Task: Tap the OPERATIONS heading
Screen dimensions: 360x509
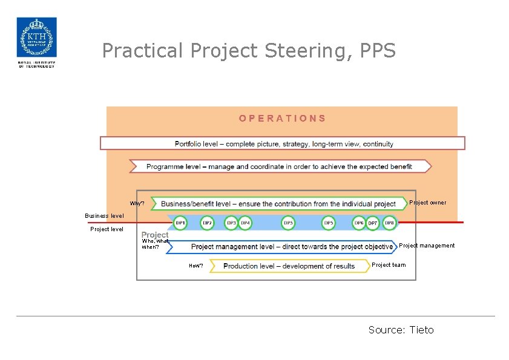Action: coord(282,119)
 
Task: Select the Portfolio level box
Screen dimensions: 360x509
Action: coord(283,143)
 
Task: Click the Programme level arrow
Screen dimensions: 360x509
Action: coord(280,166)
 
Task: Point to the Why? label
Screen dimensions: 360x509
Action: coord(137,203)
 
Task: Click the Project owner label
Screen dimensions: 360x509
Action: coord(428,203)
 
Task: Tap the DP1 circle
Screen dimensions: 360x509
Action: coord(180,223)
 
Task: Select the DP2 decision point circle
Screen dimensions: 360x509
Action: coord(207,223)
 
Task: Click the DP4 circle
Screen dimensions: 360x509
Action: coord(245,223)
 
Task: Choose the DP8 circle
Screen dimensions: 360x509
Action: coord(390,223)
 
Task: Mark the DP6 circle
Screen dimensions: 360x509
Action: coord(359,223)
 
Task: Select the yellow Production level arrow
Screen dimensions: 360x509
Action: coord(289,266)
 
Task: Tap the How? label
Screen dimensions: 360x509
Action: coord(195,266)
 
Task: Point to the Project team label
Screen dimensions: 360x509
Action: coord(389,265)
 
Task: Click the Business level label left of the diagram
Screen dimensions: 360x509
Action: coord(104,216)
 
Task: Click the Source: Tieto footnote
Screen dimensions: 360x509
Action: coord(401,330)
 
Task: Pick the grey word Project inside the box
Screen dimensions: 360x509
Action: coord(155,235)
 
